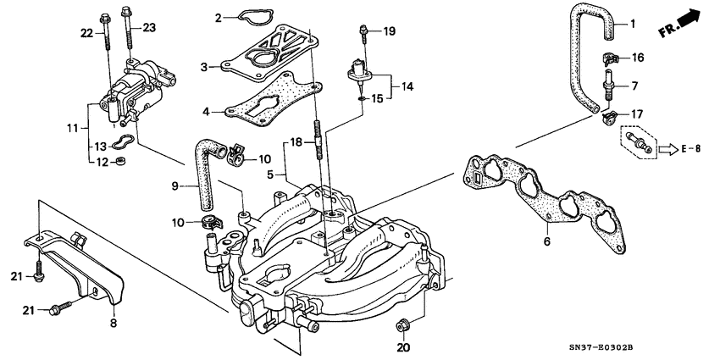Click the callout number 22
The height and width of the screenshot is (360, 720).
pos(86,33)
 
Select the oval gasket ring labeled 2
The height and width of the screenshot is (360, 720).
pos(246,18)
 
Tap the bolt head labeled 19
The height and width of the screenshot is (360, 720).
pos(363,31)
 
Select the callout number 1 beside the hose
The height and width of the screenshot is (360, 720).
pos(632,25)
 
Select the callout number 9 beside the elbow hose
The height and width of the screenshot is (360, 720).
pos(176,186)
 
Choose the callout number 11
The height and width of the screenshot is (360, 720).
pos(72,128)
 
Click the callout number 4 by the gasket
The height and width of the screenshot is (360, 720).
pos(204,111)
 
